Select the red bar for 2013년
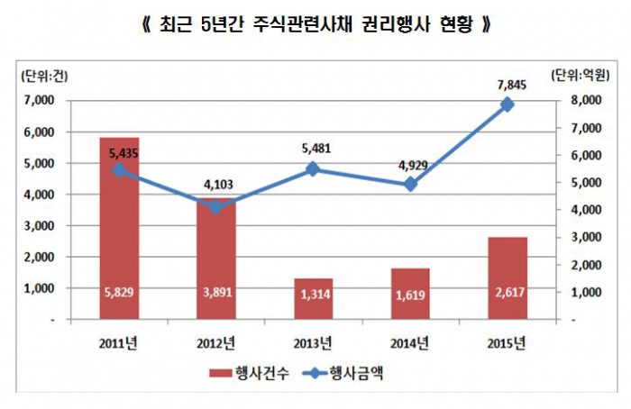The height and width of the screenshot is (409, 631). [313, 299]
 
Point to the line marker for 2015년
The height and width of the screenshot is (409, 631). [508, 105]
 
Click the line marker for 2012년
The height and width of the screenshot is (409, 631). [215, 207]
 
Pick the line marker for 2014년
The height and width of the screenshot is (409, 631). [410, 184]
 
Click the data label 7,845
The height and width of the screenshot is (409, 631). [508, 84]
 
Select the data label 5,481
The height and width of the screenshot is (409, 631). [313, 148]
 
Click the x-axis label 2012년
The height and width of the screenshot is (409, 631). [215, 343]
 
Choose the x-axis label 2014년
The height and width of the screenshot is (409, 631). [410, 343]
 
